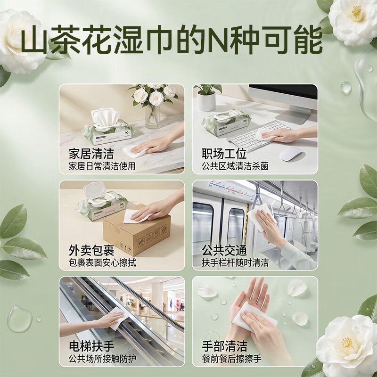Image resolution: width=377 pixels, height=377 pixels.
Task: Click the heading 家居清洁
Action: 91,154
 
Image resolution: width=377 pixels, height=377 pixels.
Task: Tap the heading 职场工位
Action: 224,154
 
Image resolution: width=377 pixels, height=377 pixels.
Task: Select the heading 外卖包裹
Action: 91,250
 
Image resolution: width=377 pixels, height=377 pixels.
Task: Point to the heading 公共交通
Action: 224,250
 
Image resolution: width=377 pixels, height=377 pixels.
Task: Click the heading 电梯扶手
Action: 91,346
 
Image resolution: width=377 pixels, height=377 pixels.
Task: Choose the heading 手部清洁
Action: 224,346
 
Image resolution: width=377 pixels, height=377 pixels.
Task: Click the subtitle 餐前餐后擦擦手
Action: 231,359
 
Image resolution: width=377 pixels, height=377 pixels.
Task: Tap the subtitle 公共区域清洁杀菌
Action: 235,166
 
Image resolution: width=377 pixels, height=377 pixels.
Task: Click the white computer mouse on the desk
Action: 290,154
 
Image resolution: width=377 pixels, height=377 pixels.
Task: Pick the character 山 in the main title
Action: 34,40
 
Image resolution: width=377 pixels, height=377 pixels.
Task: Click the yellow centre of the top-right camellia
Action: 357,14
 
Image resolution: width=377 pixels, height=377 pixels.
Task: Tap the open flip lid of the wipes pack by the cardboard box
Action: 94,189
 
